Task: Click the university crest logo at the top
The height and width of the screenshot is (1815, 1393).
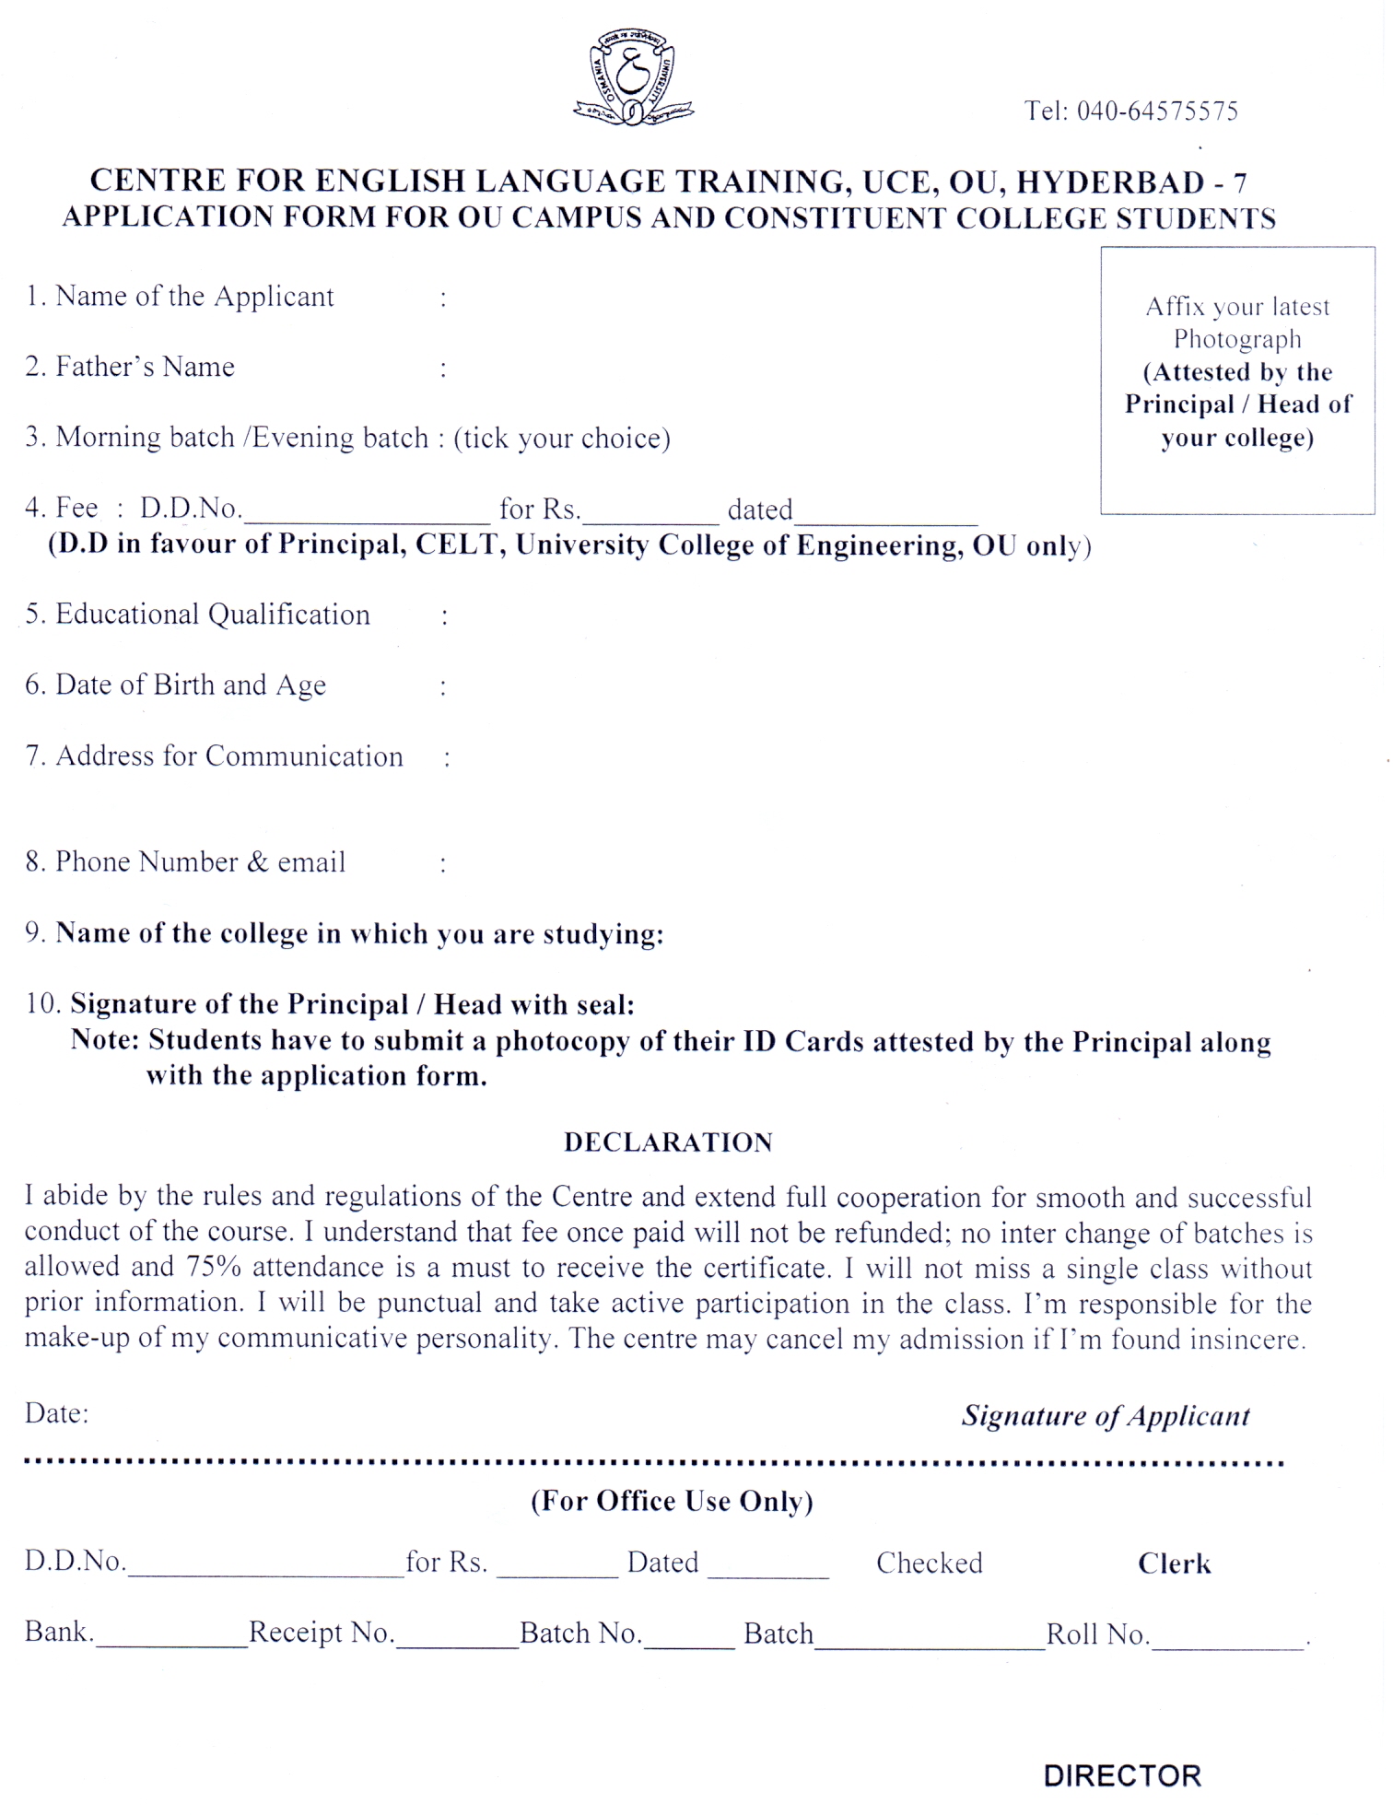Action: [632, 77]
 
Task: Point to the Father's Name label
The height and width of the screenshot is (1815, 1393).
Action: [145, 367]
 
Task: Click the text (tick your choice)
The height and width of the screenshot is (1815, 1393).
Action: [562, 438]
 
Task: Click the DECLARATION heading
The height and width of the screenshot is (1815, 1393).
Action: [668, 1142]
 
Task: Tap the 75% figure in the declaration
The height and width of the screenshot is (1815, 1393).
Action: [214, 1267]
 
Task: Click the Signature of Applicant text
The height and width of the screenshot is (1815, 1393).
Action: [1106, 1415]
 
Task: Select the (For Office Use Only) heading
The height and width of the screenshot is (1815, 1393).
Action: [672, 1501]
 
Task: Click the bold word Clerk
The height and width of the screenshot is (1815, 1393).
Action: [1174, 1563]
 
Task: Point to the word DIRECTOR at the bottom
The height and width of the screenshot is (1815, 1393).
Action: [1122, 1775]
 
